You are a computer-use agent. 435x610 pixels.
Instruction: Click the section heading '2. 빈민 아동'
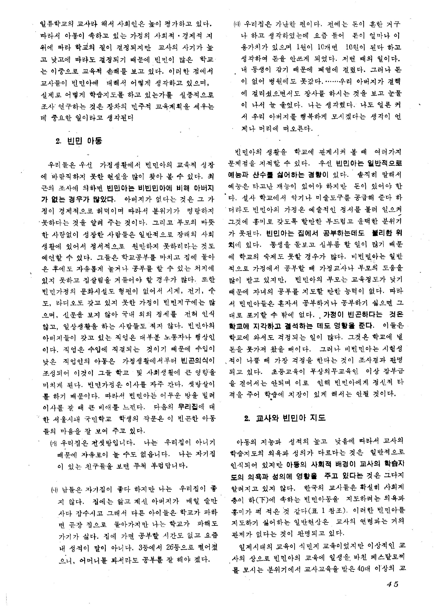[79, 141]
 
